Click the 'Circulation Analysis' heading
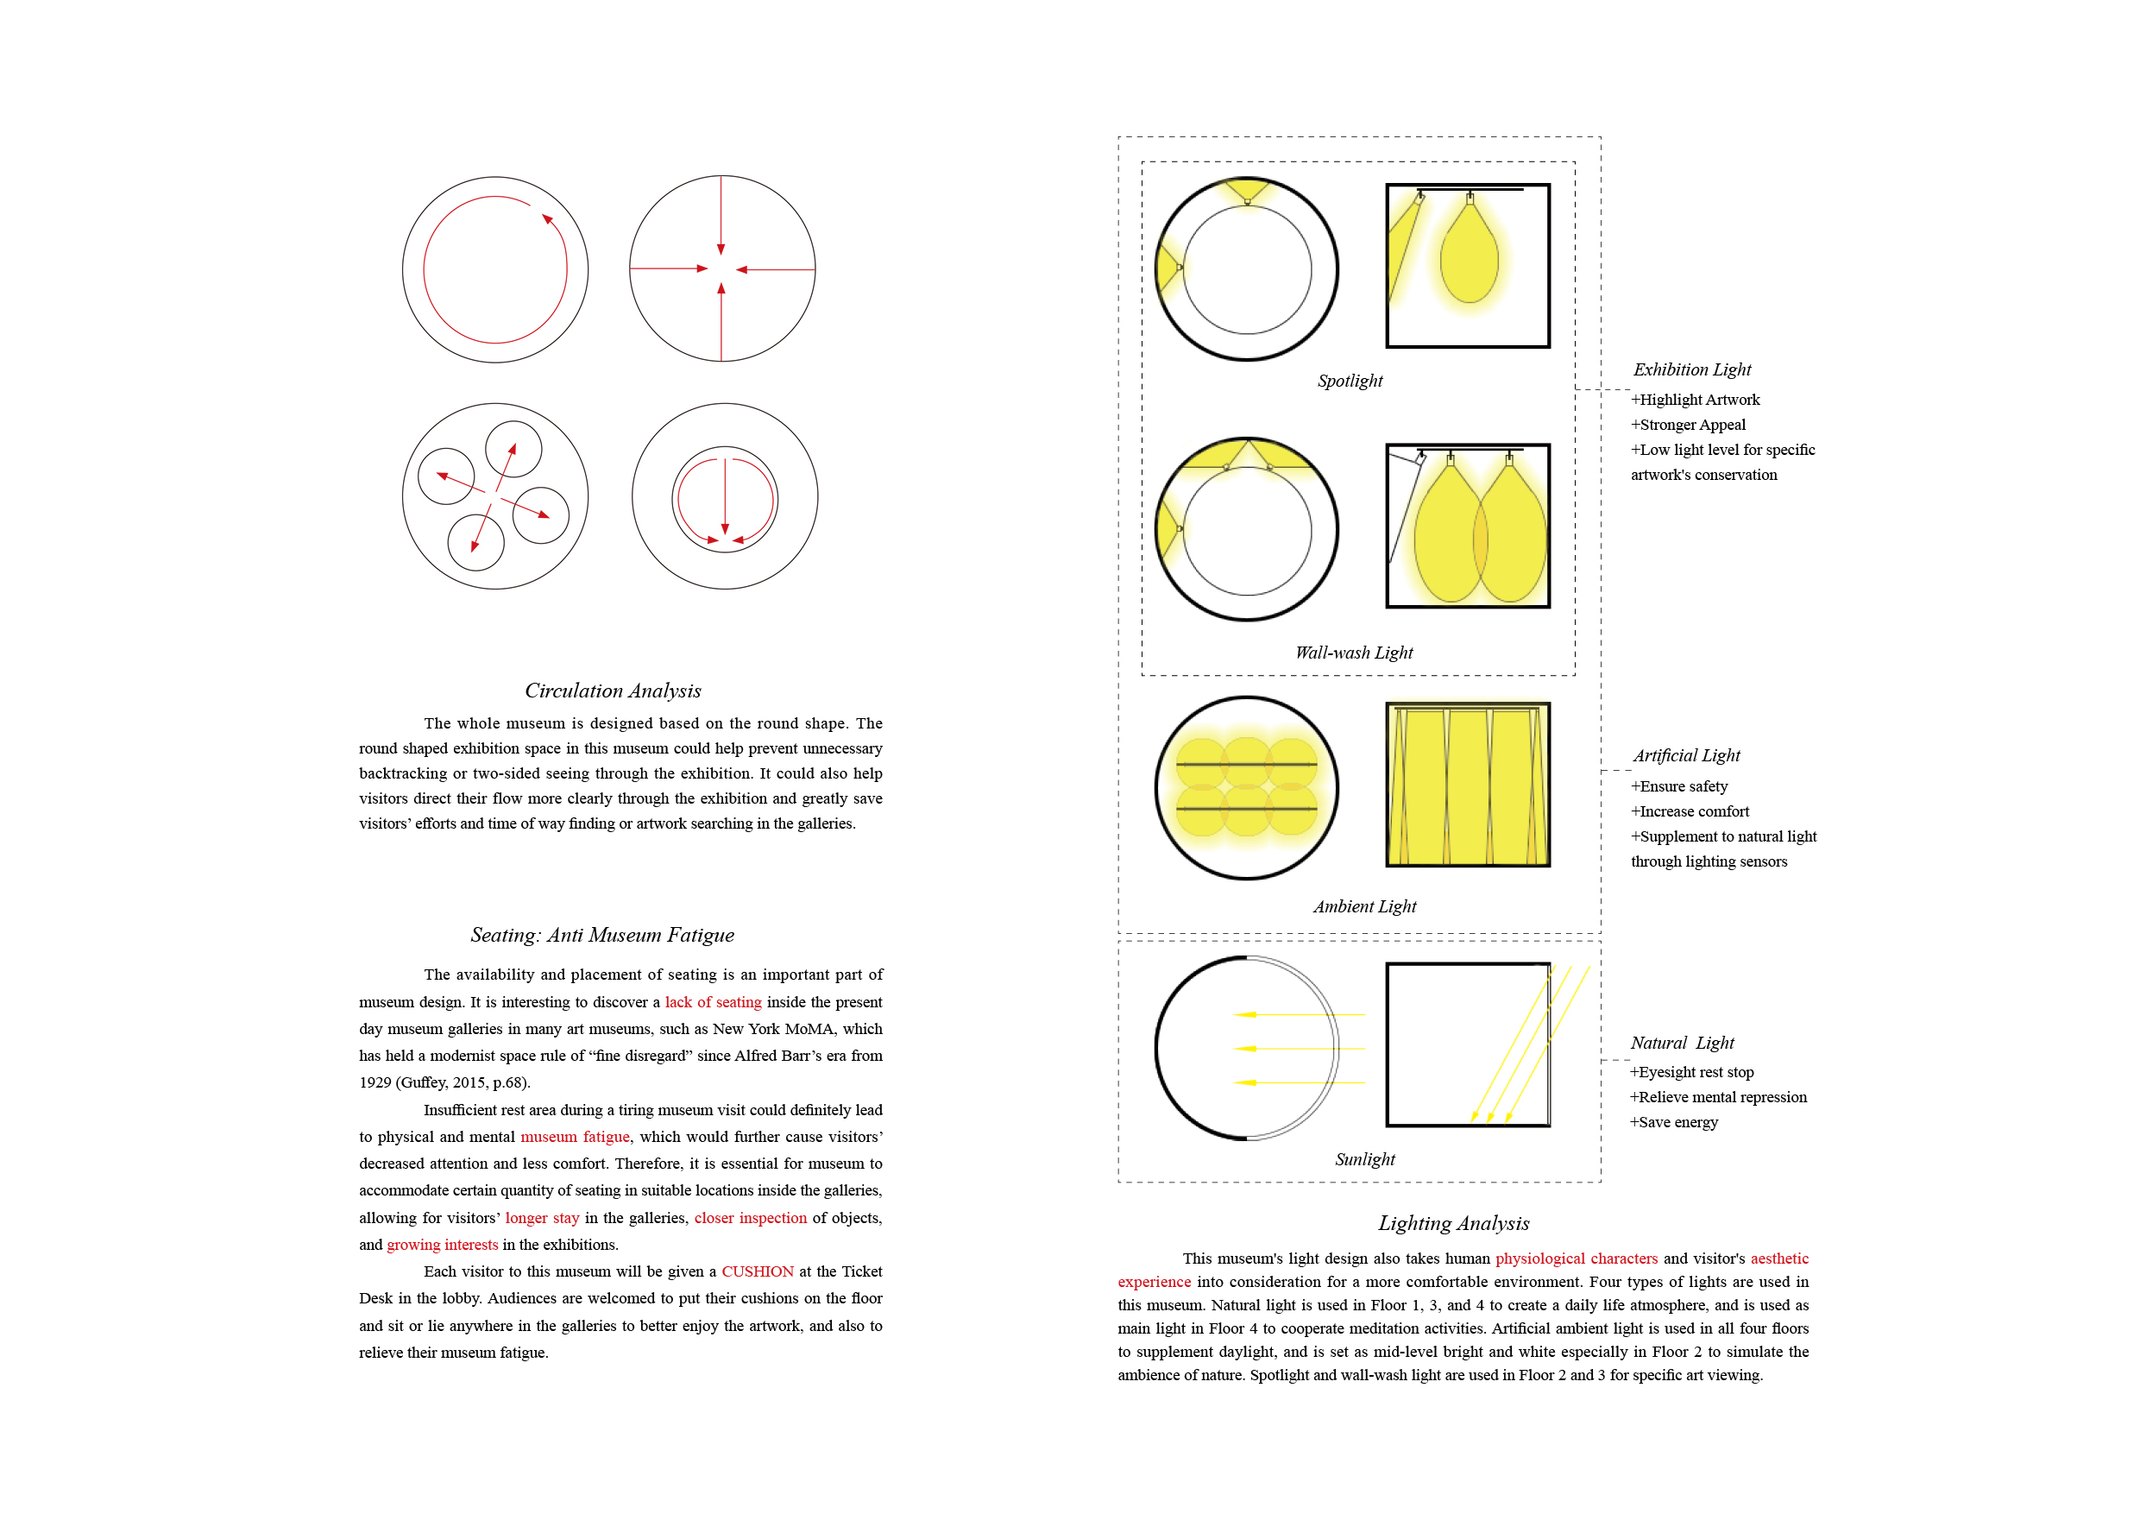coord(613,691)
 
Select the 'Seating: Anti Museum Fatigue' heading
coord(602,935)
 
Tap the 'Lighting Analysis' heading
coord(1453,1223)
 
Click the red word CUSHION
coord(757,1271)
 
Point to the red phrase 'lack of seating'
coord(713,1002)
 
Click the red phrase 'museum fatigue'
coord(574,1137)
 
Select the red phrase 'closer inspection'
coord(751,1218)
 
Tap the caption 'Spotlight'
coord(1350,381)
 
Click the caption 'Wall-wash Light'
coord(1353,653)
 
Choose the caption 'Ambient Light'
coord(1364,906)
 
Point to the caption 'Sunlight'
coord(1364,1159)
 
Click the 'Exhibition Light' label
coord(1691,369)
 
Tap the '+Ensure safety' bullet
coord(1678,787)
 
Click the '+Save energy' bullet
coord(1673,1122)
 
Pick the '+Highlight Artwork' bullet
coord(1696,400)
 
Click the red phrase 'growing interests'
coord(442,1245)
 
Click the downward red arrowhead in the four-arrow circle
coord(721,249)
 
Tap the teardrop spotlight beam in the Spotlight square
coord(1469,256)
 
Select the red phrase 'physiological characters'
coord(1577,1259)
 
